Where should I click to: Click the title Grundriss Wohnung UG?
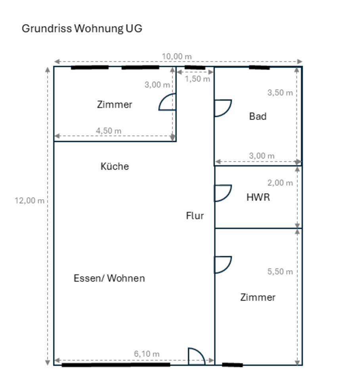82,29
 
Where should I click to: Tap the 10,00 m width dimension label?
176,56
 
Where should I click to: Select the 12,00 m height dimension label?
30,200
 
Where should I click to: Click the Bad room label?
258,116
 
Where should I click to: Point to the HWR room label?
258,197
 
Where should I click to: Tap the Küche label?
115,166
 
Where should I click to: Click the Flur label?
195,216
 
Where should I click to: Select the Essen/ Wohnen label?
109,278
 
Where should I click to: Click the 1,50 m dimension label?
197,79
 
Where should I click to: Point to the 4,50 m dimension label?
109,131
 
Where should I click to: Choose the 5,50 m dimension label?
280,272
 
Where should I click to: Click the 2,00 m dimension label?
280,183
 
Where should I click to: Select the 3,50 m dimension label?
280,93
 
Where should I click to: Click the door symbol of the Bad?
222,108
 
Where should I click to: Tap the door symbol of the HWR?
222,193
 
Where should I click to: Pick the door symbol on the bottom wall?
196,356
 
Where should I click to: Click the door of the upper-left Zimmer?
168,102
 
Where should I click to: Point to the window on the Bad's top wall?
259,67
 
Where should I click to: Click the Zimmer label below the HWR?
258,297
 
